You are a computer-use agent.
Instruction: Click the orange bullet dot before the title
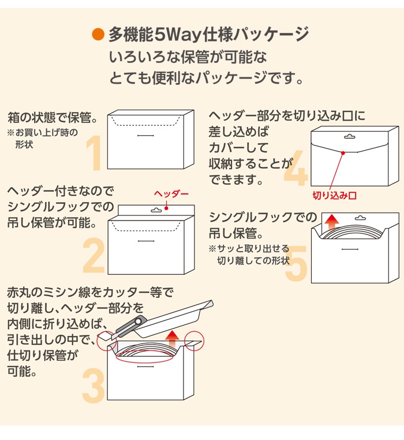tap(98, 34)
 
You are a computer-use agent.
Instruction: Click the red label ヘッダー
tap(171, 194)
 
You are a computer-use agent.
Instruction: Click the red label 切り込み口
tap(335, 196)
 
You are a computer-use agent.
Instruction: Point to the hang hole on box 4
tap(349, 137)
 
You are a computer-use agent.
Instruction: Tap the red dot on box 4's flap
tap(343, 152)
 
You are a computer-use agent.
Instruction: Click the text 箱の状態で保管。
tap(49, 118)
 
